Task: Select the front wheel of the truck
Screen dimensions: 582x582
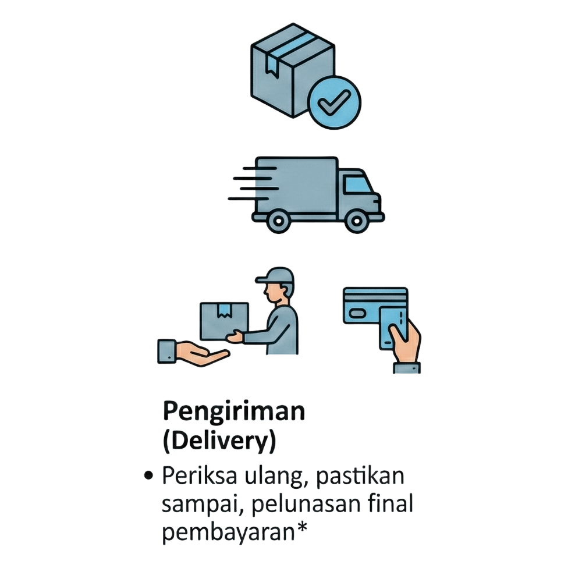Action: [356, 221]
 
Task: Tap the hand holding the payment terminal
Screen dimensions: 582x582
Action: [405, 343]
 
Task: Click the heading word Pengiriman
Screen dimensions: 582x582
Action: [233, 412]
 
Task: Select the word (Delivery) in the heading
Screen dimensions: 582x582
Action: [218, 442]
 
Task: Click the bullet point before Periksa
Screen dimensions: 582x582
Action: [149, 476]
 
